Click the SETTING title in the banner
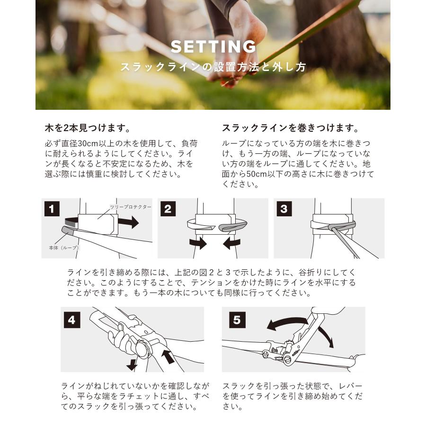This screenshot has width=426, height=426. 213,46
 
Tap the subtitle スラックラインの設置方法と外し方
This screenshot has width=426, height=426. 213,67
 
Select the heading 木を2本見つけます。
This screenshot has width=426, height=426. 88,128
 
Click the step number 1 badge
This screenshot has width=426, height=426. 52,209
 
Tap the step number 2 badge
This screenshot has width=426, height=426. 168,209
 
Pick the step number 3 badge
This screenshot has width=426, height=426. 284,209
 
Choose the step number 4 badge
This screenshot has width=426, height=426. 71,320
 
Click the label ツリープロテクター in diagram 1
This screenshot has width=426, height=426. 124,207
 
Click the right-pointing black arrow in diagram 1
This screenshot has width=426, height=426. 128,222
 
